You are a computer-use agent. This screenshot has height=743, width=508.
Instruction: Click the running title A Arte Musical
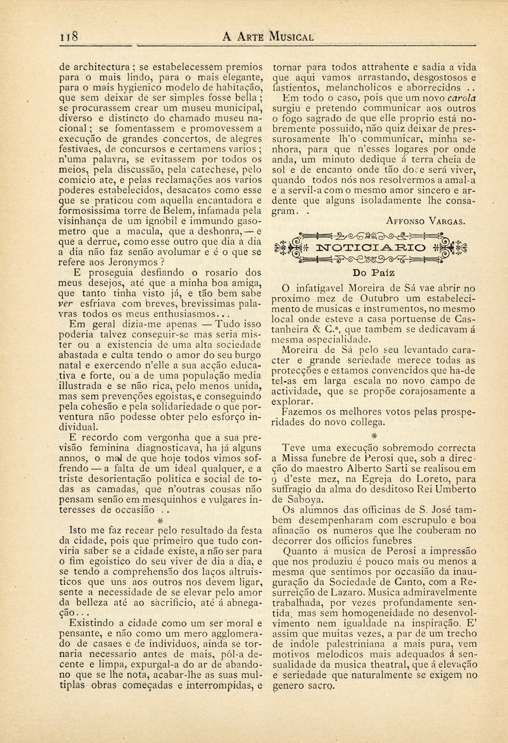pyautogui.click(x=268, y=37)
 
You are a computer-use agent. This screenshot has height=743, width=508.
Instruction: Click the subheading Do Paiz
pyautogui.click(x=372, y=271)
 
